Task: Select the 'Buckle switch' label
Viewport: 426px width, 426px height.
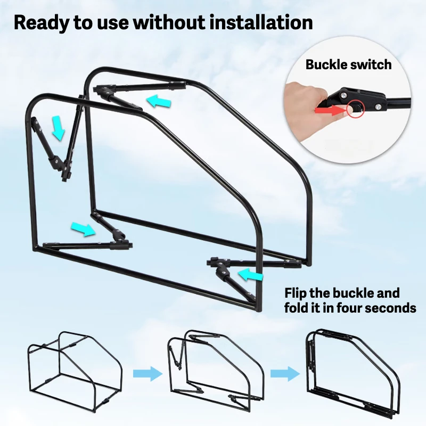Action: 348,65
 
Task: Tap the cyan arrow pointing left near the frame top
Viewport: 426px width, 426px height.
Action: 159,100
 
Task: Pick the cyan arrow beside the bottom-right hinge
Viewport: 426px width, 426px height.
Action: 251,275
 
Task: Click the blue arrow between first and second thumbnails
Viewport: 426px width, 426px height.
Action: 148,374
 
